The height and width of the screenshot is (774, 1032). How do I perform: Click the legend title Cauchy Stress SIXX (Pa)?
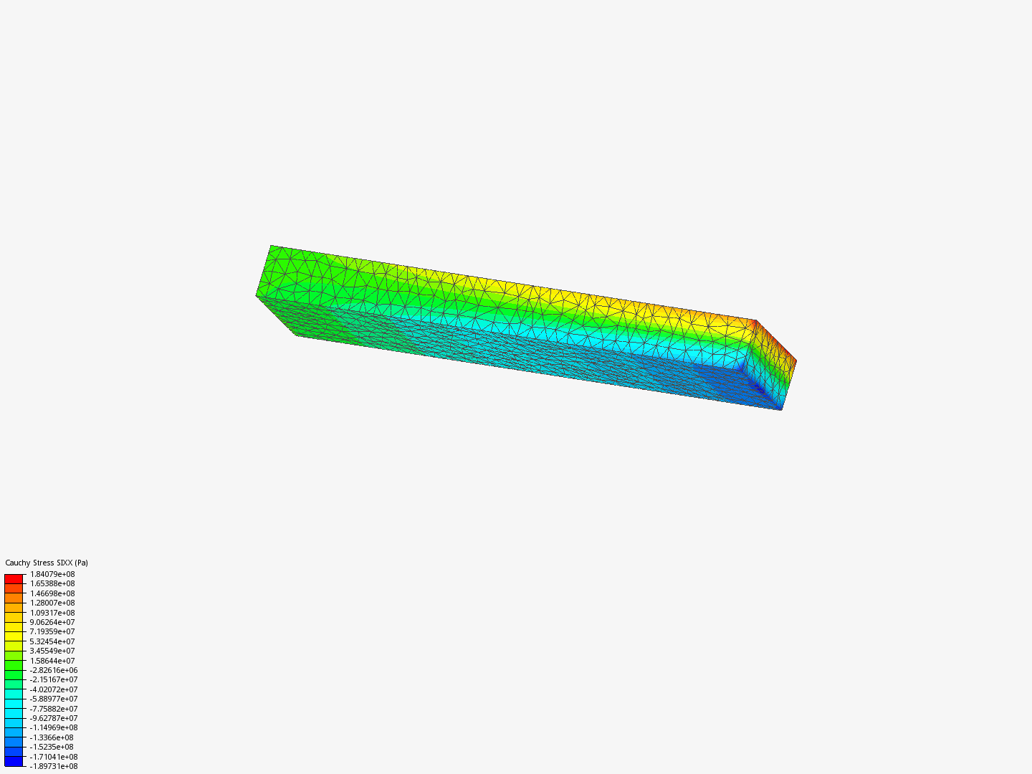47,563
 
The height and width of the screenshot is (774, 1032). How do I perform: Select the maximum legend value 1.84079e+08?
52,574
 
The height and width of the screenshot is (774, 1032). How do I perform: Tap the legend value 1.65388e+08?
52,583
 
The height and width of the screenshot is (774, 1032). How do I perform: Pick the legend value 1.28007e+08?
52,603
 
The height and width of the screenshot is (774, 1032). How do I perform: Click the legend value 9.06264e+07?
52,622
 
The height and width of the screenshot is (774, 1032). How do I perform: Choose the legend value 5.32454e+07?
52,641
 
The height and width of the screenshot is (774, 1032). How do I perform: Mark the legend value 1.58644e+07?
52,661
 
